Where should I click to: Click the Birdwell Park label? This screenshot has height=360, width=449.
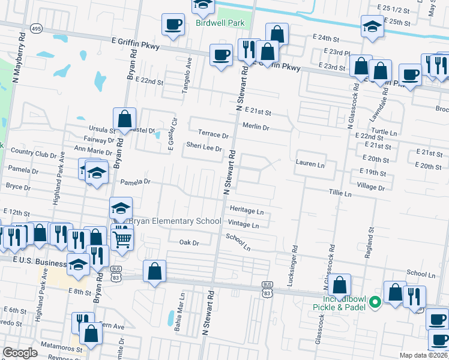[220, 23]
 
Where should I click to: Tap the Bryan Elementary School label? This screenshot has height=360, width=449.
[167, 221]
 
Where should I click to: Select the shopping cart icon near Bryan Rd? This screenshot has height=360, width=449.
[122, 239]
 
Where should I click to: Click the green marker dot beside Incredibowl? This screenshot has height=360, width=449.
[376, 302]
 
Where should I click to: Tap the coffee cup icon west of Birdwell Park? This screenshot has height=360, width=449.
[173, 25]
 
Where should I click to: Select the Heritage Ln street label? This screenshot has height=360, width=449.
[247, 211]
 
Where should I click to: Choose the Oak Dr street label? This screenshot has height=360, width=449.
[188, 242]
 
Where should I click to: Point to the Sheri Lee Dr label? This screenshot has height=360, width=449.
[204, 146]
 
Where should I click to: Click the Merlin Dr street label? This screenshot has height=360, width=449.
[256, 127]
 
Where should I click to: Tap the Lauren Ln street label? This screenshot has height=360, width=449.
[310, 163]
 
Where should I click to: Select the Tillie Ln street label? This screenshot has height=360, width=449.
[339, 194]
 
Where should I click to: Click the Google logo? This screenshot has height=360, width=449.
[20, 353]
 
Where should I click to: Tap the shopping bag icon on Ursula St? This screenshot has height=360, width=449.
[124, 119]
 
